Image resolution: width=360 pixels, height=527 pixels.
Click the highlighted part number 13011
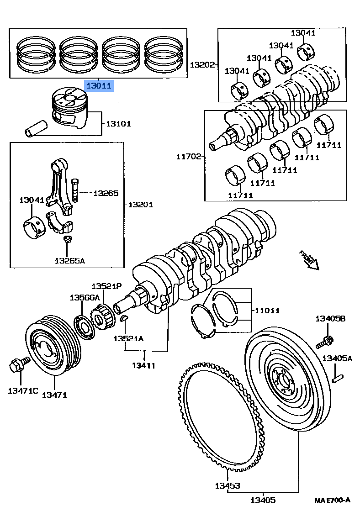coord(99,85)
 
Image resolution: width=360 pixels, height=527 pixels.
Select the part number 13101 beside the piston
coord(119,124)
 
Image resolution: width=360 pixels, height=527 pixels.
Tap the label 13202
coord(202,65)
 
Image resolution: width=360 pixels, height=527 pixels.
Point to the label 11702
coord(189,157)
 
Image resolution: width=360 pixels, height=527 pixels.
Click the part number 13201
coord(140,205)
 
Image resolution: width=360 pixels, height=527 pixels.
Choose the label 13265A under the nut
coord(69,261)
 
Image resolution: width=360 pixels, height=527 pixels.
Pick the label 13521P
coord(106,286)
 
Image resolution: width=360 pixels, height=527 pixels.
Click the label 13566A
coord(85,297)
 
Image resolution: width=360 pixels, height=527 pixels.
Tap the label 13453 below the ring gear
coord(228,485)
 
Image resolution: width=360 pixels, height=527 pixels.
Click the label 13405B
coord(330,319)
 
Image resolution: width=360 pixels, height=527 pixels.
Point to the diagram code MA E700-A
coord(332,500)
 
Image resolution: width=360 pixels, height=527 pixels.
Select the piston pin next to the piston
coord(37,127)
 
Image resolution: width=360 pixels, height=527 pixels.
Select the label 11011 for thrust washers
coord(267,311)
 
